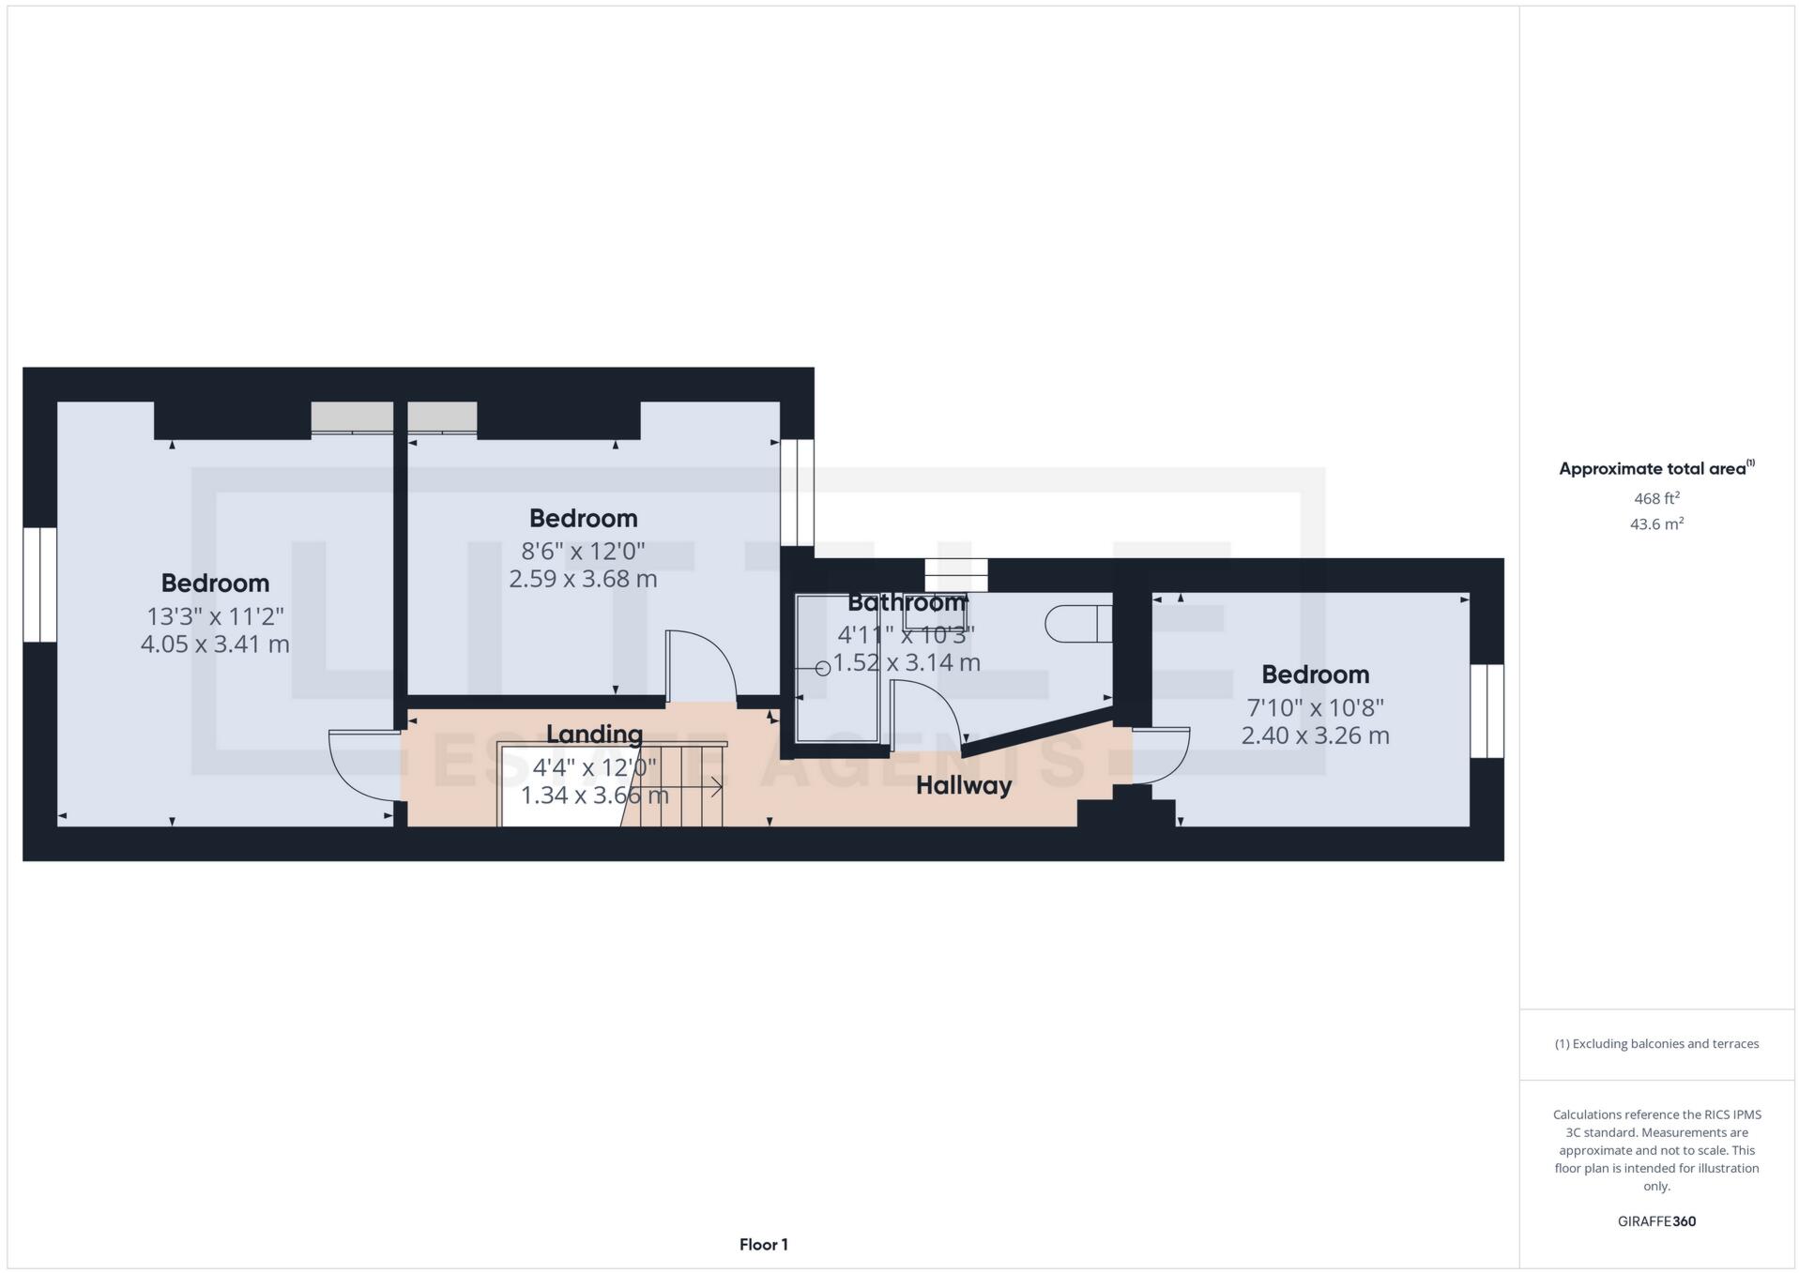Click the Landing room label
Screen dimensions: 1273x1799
click(594, 734)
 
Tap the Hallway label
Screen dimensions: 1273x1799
click(963, 785)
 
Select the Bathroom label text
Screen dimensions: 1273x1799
click(906, 602)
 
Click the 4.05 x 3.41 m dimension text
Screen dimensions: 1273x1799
click(215, 644)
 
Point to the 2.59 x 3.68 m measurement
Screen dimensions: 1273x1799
click(583, 579)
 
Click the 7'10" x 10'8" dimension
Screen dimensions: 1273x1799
click(1315, 707)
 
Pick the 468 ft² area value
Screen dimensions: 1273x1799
click(1656, 498)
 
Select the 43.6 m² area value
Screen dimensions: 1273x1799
click(1656, 524)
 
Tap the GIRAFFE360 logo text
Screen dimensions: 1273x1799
click(1656, 1221)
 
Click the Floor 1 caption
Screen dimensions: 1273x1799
click(763, 1245)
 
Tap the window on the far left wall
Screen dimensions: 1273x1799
click(40, 584)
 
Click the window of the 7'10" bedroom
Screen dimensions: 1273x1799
click(1486, 711)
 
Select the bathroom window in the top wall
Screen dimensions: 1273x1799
click(956, 574)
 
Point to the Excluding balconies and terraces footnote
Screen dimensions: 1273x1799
click(1656, 1043)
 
